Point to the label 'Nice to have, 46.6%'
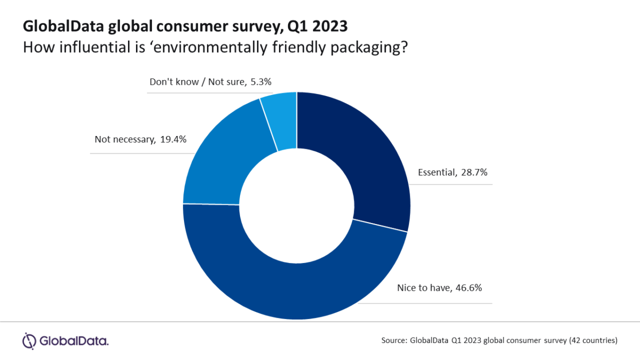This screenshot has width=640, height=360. point(439,288)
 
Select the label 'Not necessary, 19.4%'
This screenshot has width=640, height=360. point(140,140)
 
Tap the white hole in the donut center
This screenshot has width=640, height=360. point(297,205)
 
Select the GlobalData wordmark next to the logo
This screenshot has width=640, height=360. point(73,340)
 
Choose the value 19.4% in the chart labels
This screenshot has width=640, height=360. point(175,140)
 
